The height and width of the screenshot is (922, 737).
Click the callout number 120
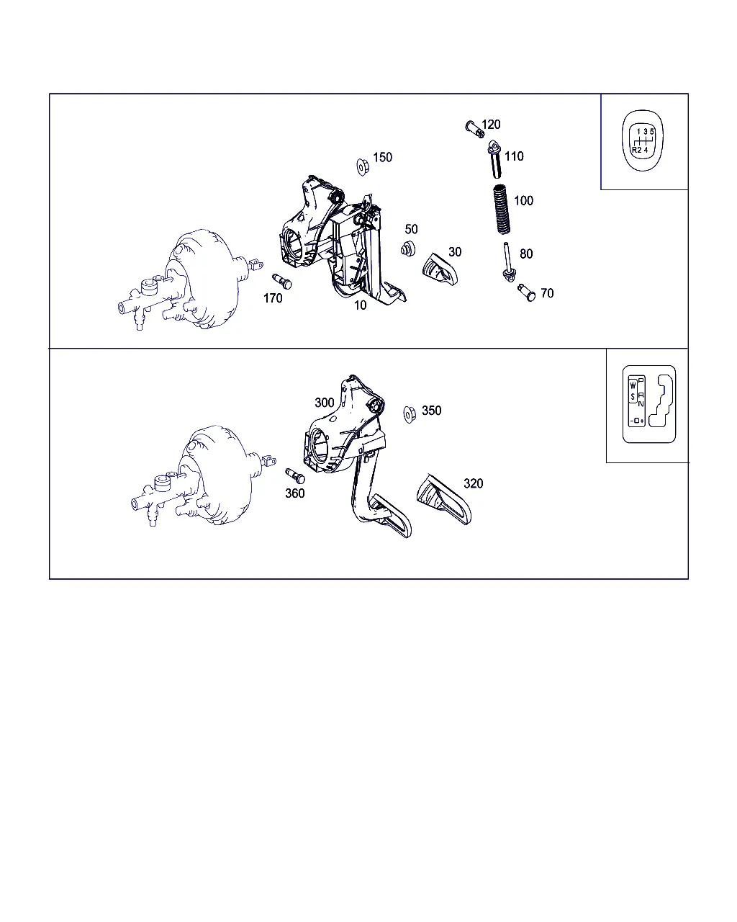click(x=491, y=124)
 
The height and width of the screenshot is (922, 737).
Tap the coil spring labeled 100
click(x=502, y=209)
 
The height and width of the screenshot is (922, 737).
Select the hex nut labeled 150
click(x=363, y=166)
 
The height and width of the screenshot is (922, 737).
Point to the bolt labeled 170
click(x=282, y=282)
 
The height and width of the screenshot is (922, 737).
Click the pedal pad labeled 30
click(x=440, y=269)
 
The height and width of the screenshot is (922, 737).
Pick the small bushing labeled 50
click(x=407, y=249)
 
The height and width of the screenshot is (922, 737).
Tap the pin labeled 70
click(x=526, y=292)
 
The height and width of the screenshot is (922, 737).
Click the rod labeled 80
click(x=508, y=261)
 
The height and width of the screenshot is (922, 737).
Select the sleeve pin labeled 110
click(x=495, y=159)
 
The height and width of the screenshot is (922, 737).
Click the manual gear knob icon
click(x=643, y=140)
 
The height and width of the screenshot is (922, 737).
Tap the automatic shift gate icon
click(x=648, y=404)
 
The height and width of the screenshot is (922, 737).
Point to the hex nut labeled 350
click(x=410, y=414)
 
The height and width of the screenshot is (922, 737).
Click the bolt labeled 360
click(x=295, y=476)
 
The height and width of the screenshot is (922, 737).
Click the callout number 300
click(x=324, y=403)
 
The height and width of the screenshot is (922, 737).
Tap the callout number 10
click(x=360, y=305)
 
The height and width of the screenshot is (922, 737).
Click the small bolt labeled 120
click(x=474, y=129)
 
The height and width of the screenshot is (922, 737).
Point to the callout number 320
click(x=473, y=483)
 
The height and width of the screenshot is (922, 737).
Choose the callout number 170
click(x=273, y=298)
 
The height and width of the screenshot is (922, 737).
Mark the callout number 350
click(x=431, y=411)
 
